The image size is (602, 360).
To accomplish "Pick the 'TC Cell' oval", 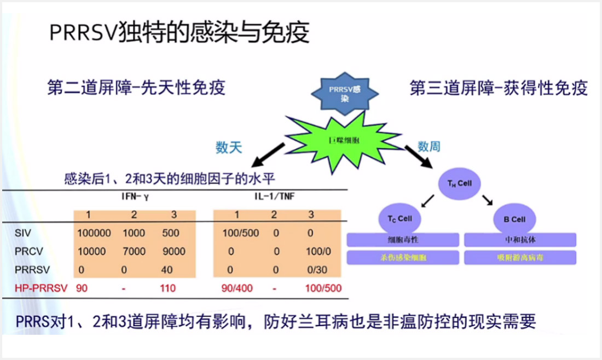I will click(397, 218).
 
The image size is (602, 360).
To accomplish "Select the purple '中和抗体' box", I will click(519, 240).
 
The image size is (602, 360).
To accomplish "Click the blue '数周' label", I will click(429, 146).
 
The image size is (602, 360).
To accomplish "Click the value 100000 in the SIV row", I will click(94, 233).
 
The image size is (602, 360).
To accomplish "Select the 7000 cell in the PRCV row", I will click(134, 252).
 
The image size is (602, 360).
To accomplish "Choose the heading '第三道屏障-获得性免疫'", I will click(499, 89).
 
